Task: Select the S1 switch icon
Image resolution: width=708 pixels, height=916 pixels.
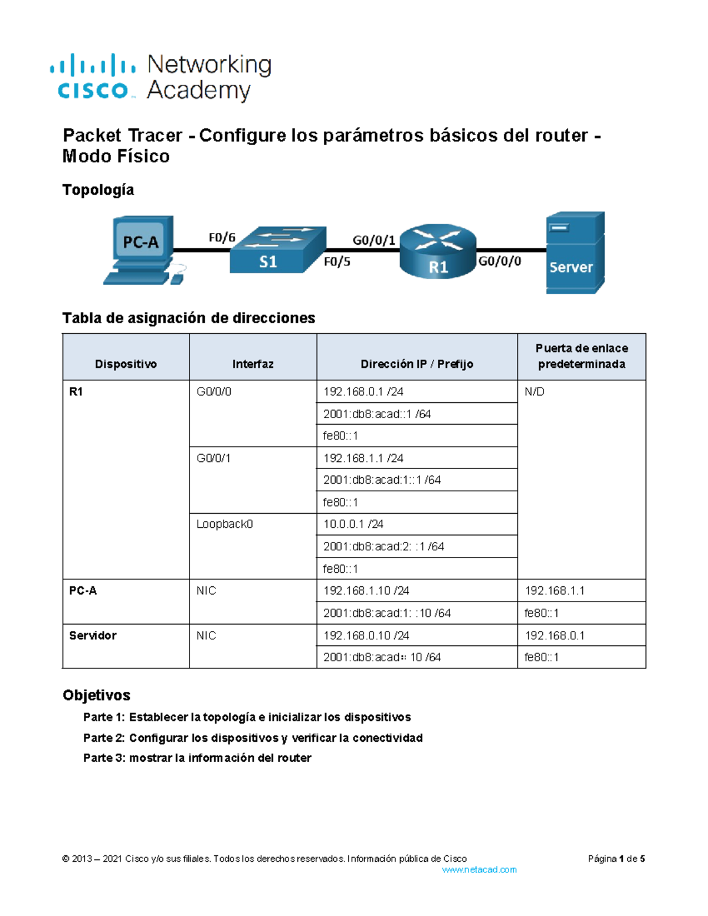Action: [x=277, y=250]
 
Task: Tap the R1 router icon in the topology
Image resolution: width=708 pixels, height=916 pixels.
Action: [x=438, y=251]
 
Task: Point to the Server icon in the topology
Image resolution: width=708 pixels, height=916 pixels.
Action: [x=575, y=252]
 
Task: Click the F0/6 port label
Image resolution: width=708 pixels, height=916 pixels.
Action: [x=222, y=238]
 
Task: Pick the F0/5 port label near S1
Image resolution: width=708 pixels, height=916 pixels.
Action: [x=337, y=262]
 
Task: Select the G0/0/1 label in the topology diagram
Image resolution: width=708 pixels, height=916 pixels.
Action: [x=373, y=240]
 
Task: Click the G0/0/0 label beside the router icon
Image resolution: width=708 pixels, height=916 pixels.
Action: [x=499, y=261]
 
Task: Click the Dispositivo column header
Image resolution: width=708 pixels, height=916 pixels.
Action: [x=126, y=364]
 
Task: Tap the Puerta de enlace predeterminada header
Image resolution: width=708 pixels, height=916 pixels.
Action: [x=581, y=356]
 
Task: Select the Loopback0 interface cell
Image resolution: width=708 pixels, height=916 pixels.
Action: [x=224, y=524]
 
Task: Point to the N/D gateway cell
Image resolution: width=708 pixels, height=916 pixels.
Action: [x=534, y=392]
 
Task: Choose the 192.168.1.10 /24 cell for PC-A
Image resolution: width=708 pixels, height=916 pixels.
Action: [x=366, y=590]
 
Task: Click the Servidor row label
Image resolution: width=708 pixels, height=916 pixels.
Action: [x=93, y=635]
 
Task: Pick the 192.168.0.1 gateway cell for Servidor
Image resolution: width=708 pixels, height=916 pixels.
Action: [x=555, y=635]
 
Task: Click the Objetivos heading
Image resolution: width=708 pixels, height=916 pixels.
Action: [x=96, y=695]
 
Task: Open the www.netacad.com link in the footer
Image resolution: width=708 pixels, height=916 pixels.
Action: [x=479, y=869]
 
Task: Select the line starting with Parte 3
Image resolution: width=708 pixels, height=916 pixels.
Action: [x=197, y=758]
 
